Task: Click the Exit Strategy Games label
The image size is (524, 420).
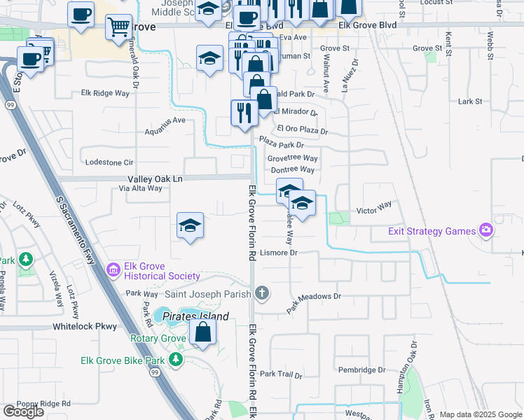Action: click(x=431, y=231)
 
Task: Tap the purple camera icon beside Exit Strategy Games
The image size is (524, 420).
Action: click(x=485, y=230)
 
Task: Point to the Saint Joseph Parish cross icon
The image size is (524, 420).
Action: click(x=261, y=293)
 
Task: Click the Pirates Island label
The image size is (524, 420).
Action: click(x=196, y=316)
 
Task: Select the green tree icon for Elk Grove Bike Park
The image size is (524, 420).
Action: click(x=176, y=360)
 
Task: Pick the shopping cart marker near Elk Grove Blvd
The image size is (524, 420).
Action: click(x=118, y=27)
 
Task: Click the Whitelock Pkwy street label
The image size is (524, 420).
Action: click(x=84, y=327)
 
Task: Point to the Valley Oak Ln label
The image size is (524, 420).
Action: click(x=155, y=179)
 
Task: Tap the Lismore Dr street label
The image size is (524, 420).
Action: click(x=279, y=253)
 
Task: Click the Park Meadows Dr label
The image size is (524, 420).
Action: click(x=313, y=300)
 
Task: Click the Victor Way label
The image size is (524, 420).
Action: click(x=374, y=209)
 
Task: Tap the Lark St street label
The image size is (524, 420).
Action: click(x=469, y=101)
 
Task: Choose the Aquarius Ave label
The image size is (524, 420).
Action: click(x=165, y=120)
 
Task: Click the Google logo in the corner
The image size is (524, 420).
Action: click(x=23, y=412)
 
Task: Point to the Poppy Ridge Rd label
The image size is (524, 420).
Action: click(x=44, y=404)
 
